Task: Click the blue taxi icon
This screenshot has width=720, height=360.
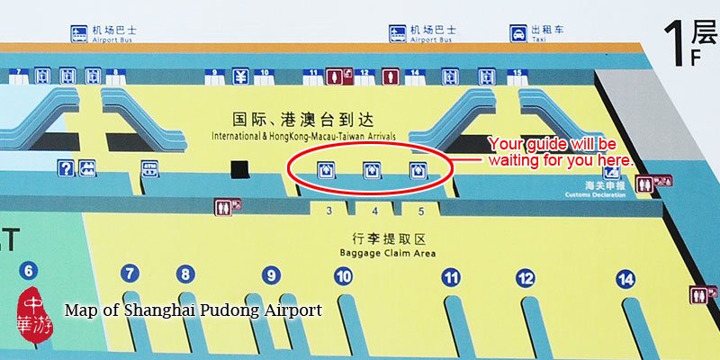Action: [519, 34]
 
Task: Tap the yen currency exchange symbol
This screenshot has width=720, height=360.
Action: [240, 76]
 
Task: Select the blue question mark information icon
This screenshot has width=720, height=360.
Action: [65, 167]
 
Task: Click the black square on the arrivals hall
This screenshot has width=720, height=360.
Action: [240, 168]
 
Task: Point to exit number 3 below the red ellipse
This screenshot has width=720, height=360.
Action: [329, 210]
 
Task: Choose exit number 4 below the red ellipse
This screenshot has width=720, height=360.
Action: [375, 210]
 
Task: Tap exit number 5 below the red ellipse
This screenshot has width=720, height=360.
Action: [420, 210]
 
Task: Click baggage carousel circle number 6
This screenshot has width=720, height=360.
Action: [29, 270]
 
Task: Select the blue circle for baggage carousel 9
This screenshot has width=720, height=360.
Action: [271, 275]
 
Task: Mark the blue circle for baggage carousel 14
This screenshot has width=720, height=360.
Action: [625, 278]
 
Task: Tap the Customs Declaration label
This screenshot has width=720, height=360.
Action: [589, 194]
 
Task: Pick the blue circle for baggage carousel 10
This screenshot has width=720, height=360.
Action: [343, 277]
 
